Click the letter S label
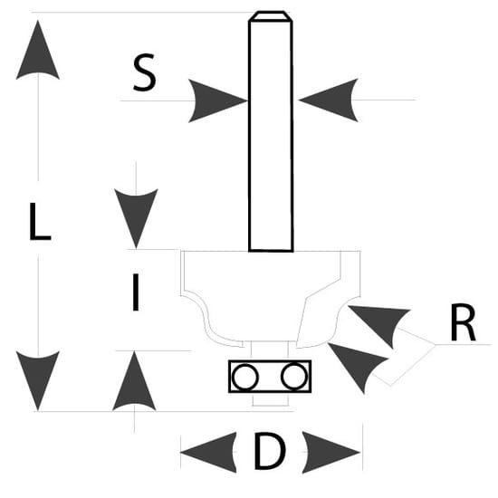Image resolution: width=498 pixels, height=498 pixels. (x=145, y=72)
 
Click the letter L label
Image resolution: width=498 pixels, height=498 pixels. (x=40, y=221)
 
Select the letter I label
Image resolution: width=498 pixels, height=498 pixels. (x=136, y=292)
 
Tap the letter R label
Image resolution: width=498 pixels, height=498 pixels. (x=463, y=322)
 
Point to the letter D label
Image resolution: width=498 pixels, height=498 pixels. (x=270, y=451)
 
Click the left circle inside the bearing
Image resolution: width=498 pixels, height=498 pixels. (x=245, y=377)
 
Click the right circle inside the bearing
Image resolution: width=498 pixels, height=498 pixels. (x=294, y=377)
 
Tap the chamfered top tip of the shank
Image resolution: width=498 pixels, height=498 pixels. (x=271, y=16)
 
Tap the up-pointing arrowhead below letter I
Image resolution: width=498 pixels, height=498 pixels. (x=134, y=381)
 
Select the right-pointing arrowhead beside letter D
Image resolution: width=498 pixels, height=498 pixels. (x=330, y=452)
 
